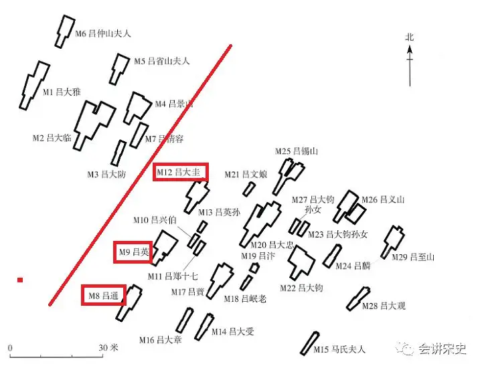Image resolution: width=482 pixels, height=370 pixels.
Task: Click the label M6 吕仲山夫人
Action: (102, 33)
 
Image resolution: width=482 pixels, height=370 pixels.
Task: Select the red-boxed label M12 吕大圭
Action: (179, 173)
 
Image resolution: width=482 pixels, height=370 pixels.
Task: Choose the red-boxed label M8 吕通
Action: (103, 294)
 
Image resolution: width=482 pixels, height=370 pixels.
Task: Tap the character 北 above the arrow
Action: (410, 37)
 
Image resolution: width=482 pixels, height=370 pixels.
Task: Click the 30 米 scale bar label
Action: (108, 348)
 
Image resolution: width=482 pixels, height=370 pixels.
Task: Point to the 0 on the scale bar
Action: (11, 348)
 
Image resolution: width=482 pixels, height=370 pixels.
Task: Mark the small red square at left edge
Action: (20, 280)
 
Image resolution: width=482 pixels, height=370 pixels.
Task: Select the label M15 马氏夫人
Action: (339, 349)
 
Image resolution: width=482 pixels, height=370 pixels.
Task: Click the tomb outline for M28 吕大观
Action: (358, 298)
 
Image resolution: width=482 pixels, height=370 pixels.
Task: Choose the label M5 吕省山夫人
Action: (161, 61)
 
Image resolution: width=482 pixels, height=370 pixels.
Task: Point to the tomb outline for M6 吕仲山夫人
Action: (64, 30)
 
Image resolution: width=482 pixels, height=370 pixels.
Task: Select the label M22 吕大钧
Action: (301, 288)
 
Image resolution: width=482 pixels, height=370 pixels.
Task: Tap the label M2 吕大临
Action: (52, 138)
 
